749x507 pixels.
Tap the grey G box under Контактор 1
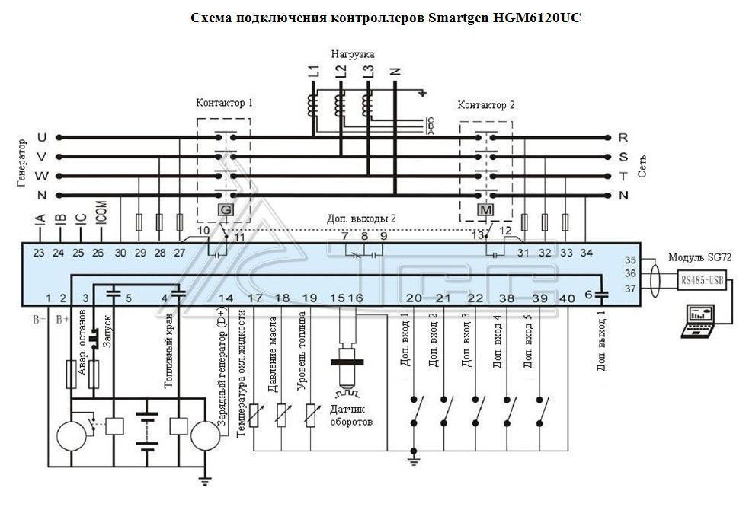[x=226, y=209]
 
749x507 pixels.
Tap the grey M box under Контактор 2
[x=485, y=209]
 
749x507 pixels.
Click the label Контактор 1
[x=224, y=102]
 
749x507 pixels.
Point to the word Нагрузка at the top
[x=352, y=55]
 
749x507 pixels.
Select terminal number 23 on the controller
[x=39, y=252]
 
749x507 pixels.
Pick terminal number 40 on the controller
[x=566, y=298]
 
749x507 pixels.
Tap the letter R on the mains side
[x=623, y=138]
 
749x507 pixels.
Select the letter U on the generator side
[x=42, y=138]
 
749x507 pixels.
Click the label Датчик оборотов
[x=351, y=416]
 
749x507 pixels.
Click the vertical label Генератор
[x=22, y=164]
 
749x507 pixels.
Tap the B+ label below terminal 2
[x=64, y=320]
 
